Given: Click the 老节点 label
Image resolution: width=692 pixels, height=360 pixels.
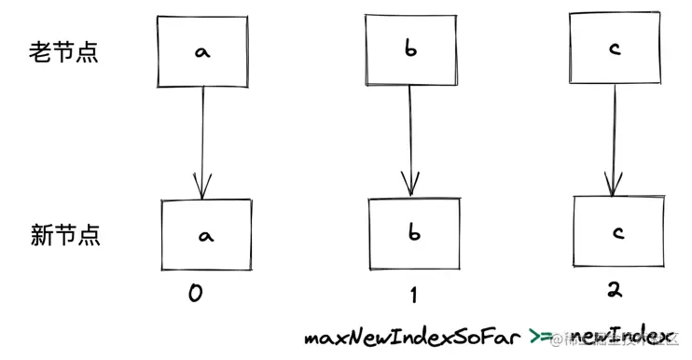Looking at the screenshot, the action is (x=63, y=52).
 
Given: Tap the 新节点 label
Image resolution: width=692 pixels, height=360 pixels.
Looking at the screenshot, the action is (x=63, y=236).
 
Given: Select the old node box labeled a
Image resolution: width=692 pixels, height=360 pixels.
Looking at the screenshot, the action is (x=201, y=52).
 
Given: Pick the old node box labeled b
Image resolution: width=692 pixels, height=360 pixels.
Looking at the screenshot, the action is (x=411, y=48).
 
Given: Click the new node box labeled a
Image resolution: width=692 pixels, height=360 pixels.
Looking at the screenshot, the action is (x=205, y=236).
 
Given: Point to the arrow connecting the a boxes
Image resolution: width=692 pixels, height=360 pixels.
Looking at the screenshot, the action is (x=201, y=140).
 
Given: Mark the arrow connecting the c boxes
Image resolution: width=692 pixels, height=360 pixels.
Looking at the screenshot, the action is (x=612, y=140).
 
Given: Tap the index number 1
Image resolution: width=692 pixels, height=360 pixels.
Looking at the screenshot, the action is (x=413, y=295).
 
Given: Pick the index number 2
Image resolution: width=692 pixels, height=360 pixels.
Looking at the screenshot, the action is (x=614, y=290).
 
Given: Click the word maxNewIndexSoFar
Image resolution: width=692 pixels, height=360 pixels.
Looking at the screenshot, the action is (x=411, y=338).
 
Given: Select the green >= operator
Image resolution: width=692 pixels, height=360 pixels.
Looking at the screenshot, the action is (x=542, y=338).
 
